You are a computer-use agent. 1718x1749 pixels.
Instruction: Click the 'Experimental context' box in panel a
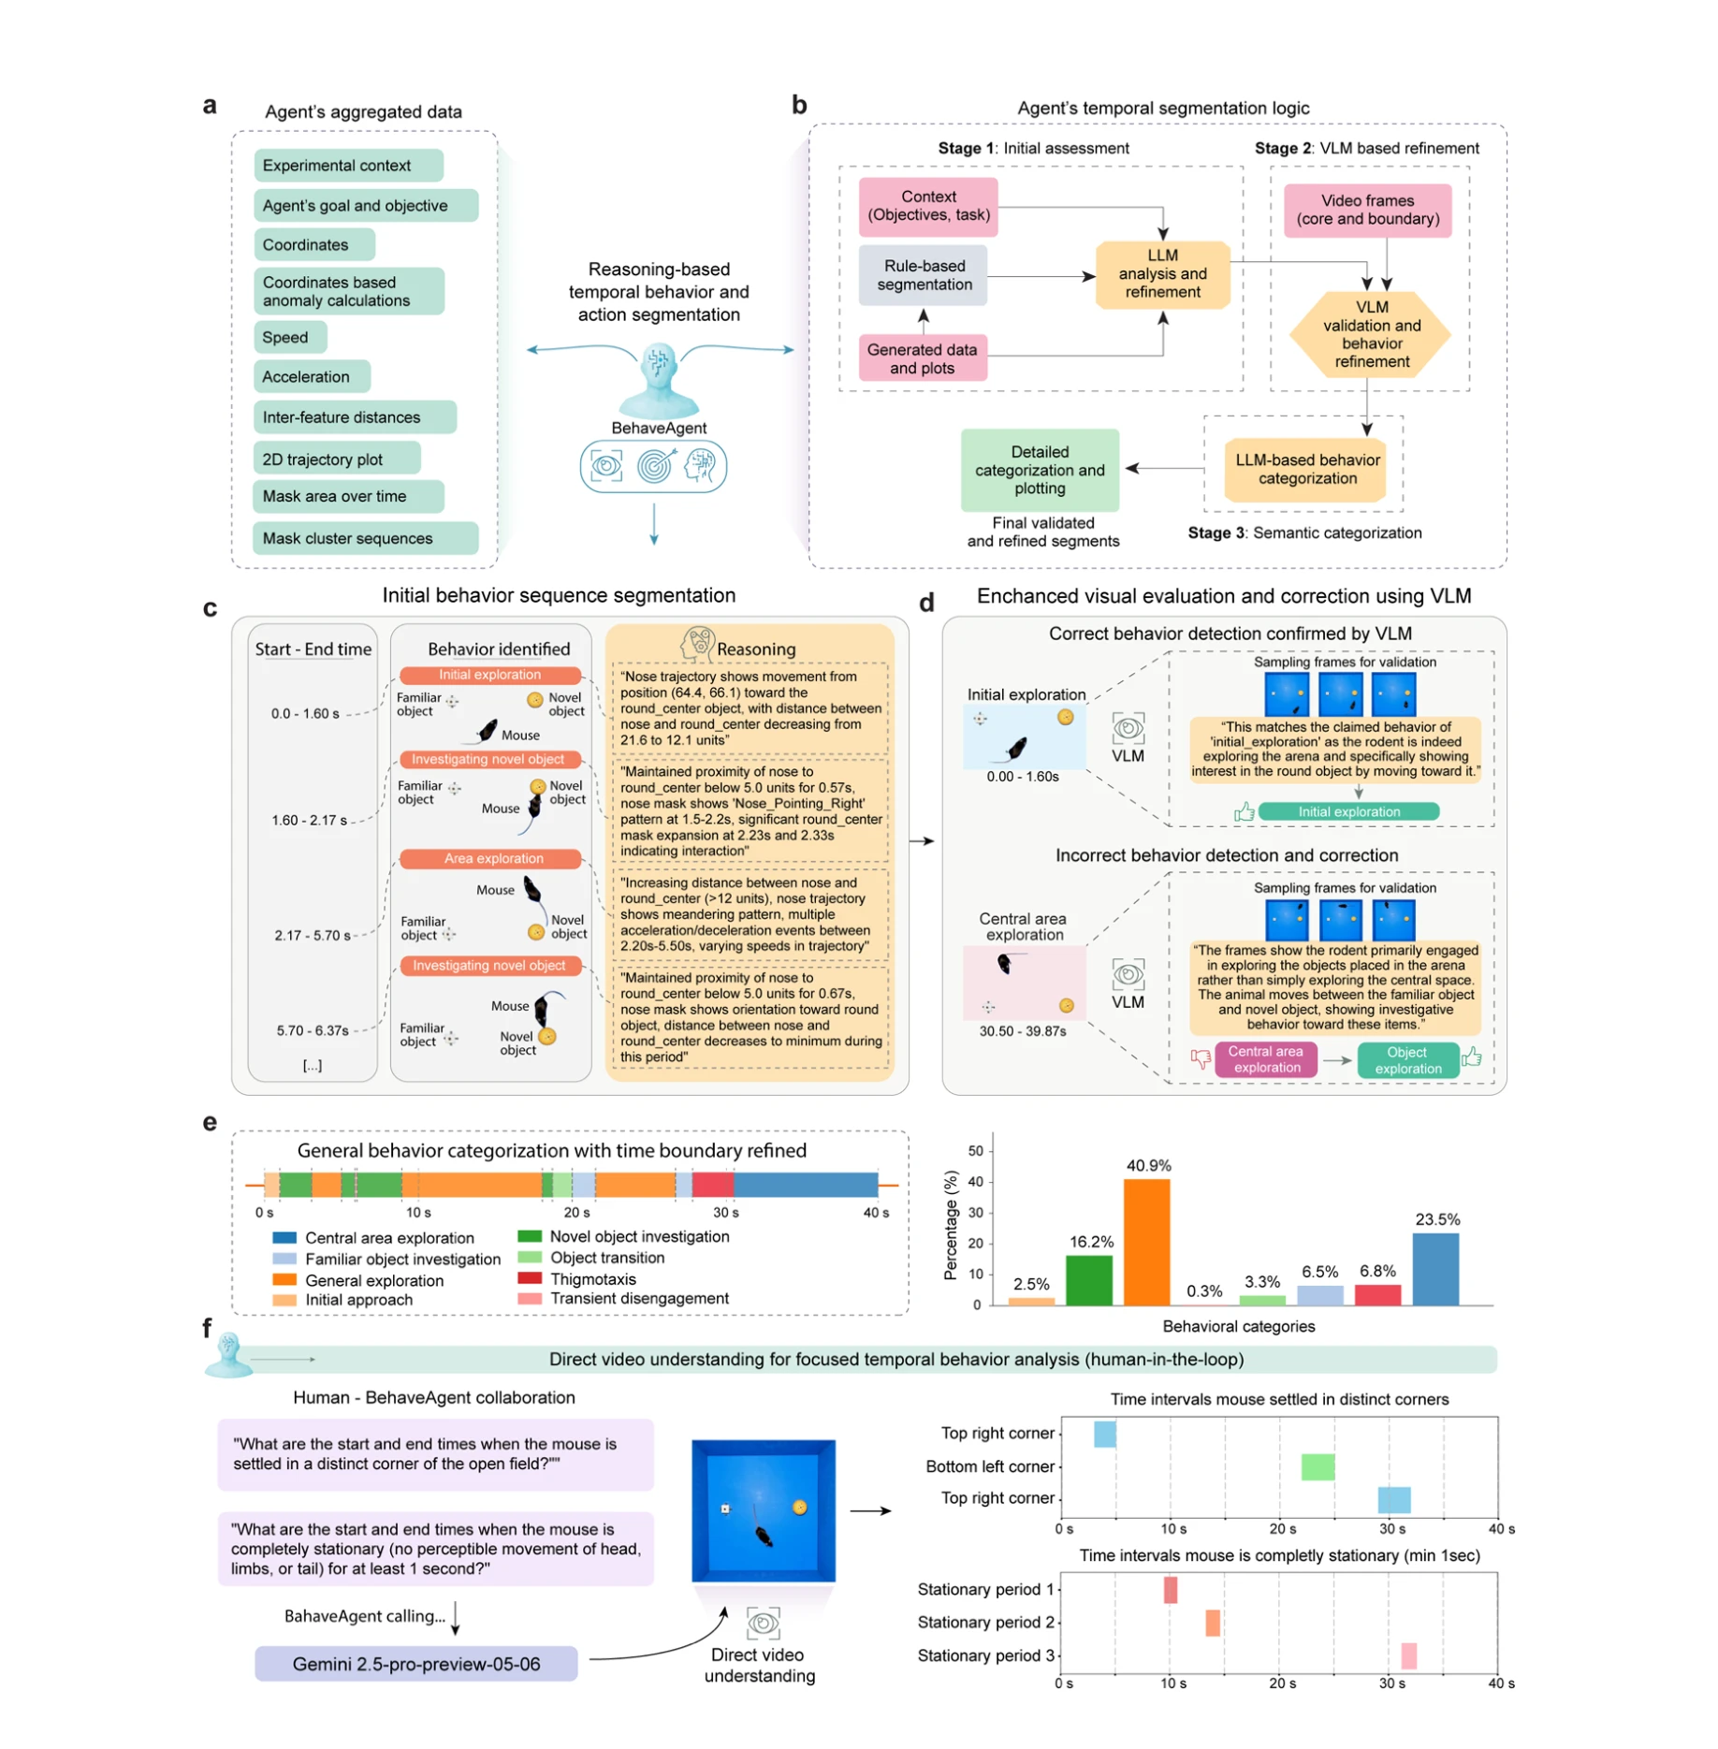[347, 166]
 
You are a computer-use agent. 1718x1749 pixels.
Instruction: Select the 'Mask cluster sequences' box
[364, 538]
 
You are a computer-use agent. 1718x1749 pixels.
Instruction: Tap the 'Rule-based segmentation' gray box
[923, 275]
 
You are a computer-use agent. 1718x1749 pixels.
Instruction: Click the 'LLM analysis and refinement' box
[1161, 273]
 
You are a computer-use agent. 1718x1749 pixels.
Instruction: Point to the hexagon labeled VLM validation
[1370, 334]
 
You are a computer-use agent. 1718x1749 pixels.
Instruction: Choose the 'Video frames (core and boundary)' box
[1366, 210]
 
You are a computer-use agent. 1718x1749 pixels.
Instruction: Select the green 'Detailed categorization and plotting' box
[1039, 470]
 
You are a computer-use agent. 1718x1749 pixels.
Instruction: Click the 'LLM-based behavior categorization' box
[1306, 469]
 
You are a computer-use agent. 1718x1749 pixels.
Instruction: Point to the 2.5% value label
[1030, 1284]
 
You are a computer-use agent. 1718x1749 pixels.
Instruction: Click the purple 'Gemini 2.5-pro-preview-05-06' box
[415, 1664]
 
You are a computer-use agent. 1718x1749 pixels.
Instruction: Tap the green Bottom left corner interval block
[1317, 1466]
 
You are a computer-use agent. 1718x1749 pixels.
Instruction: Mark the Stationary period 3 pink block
[1407, 1655]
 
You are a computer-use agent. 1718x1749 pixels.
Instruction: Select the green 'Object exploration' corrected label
[1406, 1059]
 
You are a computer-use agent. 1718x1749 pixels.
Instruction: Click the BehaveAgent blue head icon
[659, 380]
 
